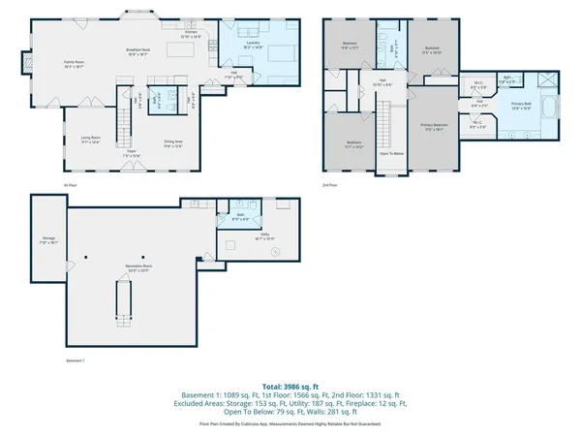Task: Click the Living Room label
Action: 91,139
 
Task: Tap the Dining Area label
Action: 173,144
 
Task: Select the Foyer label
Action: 131,153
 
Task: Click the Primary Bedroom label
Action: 433,126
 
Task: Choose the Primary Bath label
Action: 523,105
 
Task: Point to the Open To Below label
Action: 390,153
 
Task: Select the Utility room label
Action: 264,234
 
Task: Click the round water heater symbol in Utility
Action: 275,253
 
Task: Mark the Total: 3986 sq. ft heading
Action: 290,385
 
